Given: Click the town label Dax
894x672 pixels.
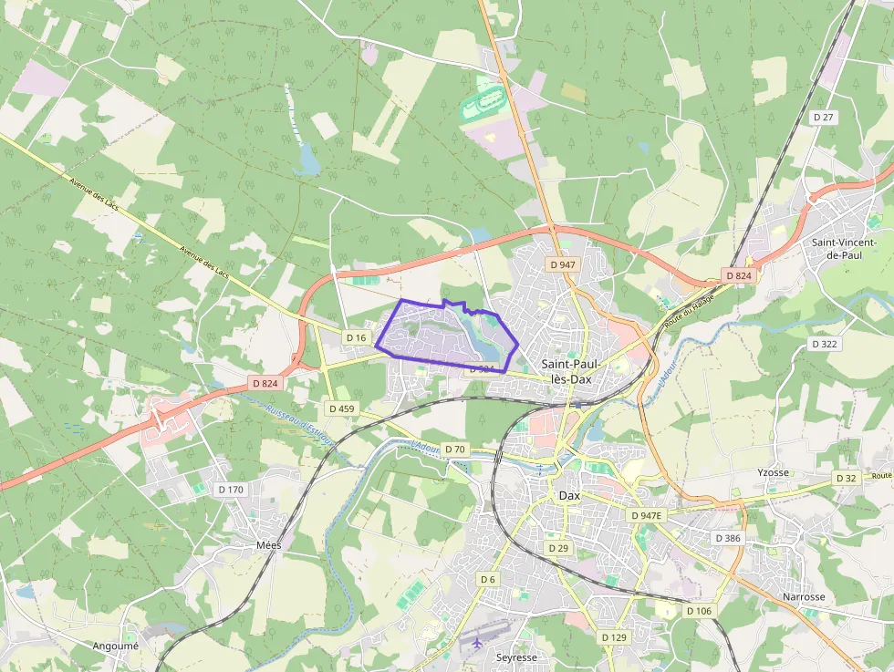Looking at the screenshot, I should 569,496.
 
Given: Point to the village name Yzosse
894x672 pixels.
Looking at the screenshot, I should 773,473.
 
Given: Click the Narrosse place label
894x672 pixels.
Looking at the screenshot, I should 804,597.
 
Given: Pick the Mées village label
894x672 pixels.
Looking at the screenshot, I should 268,545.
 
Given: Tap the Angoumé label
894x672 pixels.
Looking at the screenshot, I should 116,646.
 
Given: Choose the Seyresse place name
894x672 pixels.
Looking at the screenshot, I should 516,657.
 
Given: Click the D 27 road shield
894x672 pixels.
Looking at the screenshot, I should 824,117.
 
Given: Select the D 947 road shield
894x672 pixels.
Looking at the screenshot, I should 563,264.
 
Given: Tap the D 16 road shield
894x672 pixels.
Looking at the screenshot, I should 356,338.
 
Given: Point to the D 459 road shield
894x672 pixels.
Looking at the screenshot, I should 341,408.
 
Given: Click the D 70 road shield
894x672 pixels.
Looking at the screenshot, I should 454,450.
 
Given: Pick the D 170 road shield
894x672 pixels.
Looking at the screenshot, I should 231,490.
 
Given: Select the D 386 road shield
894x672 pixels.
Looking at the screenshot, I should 728,538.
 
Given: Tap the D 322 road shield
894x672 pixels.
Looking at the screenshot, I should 825,344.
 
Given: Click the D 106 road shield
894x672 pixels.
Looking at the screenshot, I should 698,611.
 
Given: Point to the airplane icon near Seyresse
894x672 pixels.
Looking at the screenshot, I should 477,643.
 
